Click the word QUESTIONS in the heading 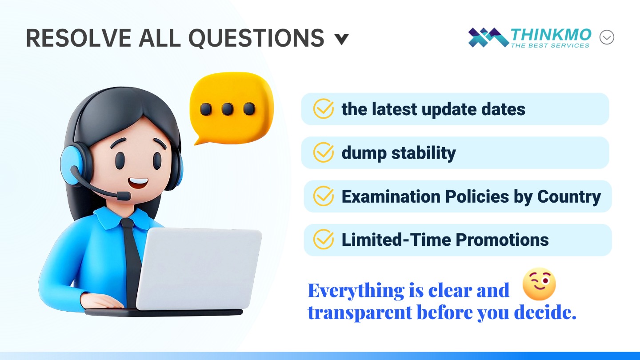point(256,38)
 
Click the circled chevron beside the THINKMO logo point(607,37)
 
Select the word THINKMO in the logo point(551,35)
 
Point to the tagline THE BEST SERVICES point(550,45)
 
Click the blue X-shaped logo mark point(488,37)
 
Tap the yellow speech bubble point(232,108)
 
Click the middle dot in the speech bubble point(227,109)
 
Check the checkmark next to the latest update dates point(324,108)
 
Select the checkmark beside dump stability point(324,152)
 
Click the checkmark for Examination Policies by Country point(324,196)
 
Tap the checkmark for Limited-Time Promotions point(324,240)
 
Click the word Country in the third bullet point(569,197)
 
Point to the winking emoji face point(539,284)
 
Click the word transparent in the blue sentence point(360,312)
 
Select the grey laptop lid point(199,268)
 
